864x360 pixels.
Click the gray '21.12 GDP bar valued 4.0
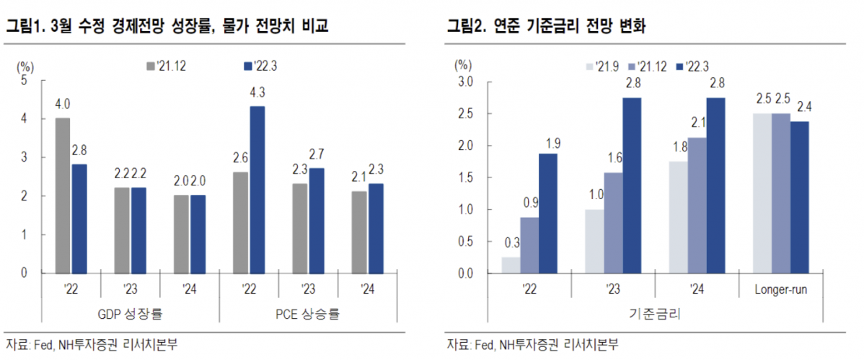(x=63, y=195)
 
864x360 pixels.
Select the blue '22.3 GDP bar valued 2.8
(x=79, y=218)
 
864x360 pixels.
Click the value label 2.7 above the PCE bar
(x=316, y=154)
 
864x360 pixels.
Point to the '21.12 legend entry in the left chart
(x=170, y=66)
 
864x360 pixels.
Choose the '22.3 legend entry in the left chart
(x=260, y=66)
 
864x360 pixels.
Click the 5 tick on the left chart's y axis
(x=24, y=80)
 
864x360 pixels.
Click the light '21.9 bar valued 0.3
(x=511, y=265)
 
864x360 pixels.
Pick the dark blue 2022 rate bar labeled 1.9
(x=548, y=214)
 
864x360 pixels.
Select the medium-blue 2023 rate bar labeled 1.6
(x=613, y=223)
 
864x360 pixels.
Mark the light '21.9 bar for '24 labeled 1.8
(x=679, y=217)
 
